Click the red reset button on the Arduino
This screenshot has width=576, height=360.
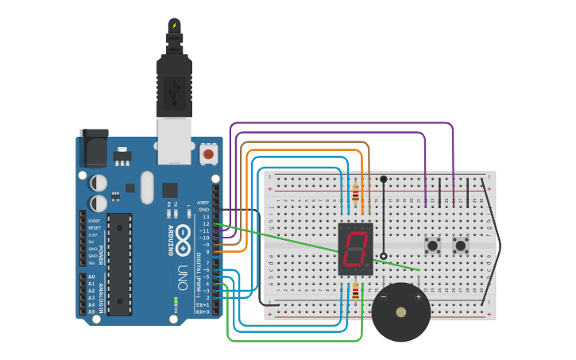coord(209,153)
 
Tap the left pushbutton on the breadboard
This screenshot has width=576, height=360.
coord(433,246)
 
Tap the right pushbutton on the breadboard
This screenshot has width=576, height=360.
coord(461,246)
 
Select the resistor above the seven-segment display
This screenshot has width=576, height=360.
coord(355,193)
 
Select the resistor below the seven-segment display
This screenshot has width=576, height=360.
coord(355,292)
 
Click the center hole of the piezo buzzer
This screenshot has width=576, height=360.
coord(401,312)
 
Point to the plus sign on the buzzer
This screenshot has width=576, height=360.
coord(419,297)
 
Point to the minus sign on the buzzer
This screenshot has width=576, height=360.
coord(384,297)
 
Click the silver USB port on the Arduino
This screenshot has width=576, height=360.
coord(175,141)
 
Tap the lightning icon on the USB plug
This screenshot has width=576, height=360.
coord(175,25)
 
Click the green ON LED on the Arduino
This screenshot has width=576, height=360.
coord(176,300)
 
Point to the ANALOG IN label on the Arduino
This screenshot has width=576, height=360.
coord(102,295)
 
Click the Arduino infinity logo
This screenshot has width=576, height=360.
coord(183,236)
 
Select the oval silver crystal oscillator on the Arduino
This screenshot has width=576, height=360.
coord(147,188)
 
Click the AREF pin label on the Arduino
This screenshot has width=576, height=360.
coord(204,203)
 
